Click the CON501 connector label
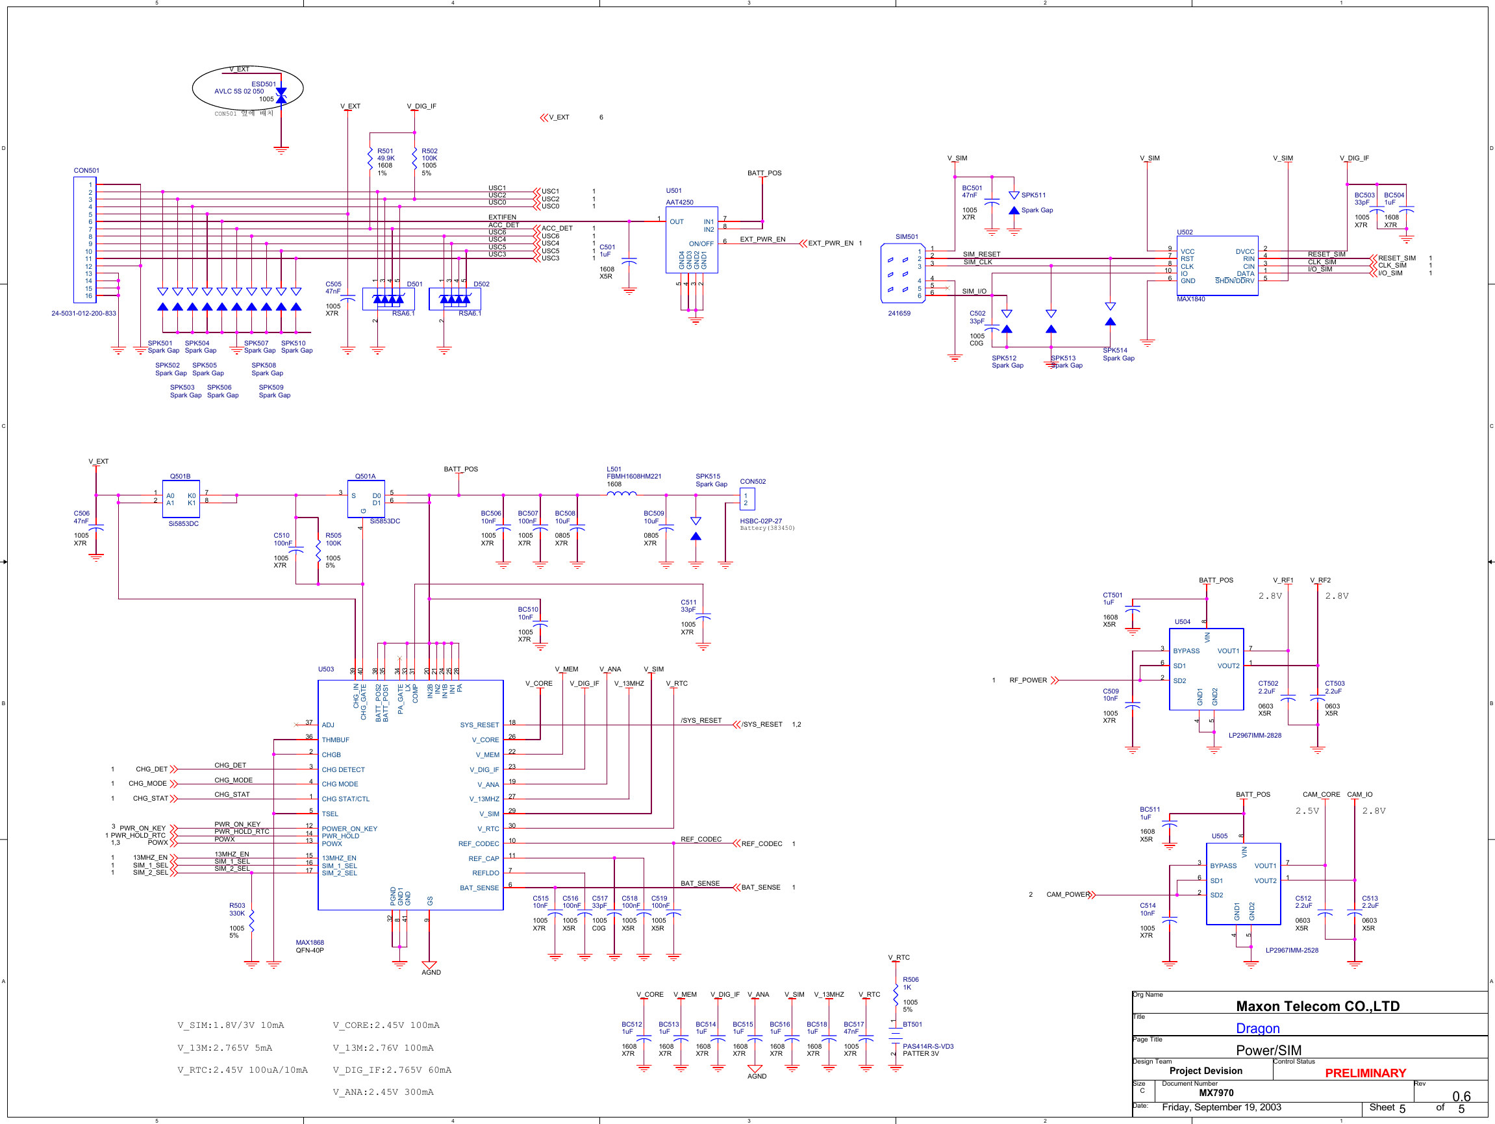click(x=86, y=170)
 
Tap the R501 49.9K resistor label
click(x=385, y=154)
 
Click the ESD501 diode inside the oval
click(x=281, y=95)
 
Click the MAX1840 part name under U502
click(x=1190, y=299)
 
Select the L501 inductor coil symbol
click(x=621, y=494)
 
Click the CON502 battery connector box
click(x=747, y=499)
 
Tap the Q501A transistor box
click(x=366, y=499)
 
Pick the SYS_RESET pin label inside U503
click(x=479, y=725)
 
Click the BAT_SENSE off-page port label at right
click(x=760, y=888)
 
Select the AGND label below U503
click(x=431, y=972)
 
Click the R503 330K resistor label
click(x=236, y=909)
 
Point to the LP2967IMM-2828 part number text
click(x=1255, y=735)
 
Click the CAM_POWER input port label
click(x=1067, y=894)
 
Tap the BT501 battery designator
click(x=912, y=1024)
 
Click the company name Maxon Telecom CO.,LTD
click(x=1317, y=1006)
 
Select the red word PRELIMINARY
click(x=1364, y=1073)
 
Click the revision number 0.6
click(x=1461, y=1095)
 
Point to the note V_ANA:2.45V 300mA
click(x=383, y=1092)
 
